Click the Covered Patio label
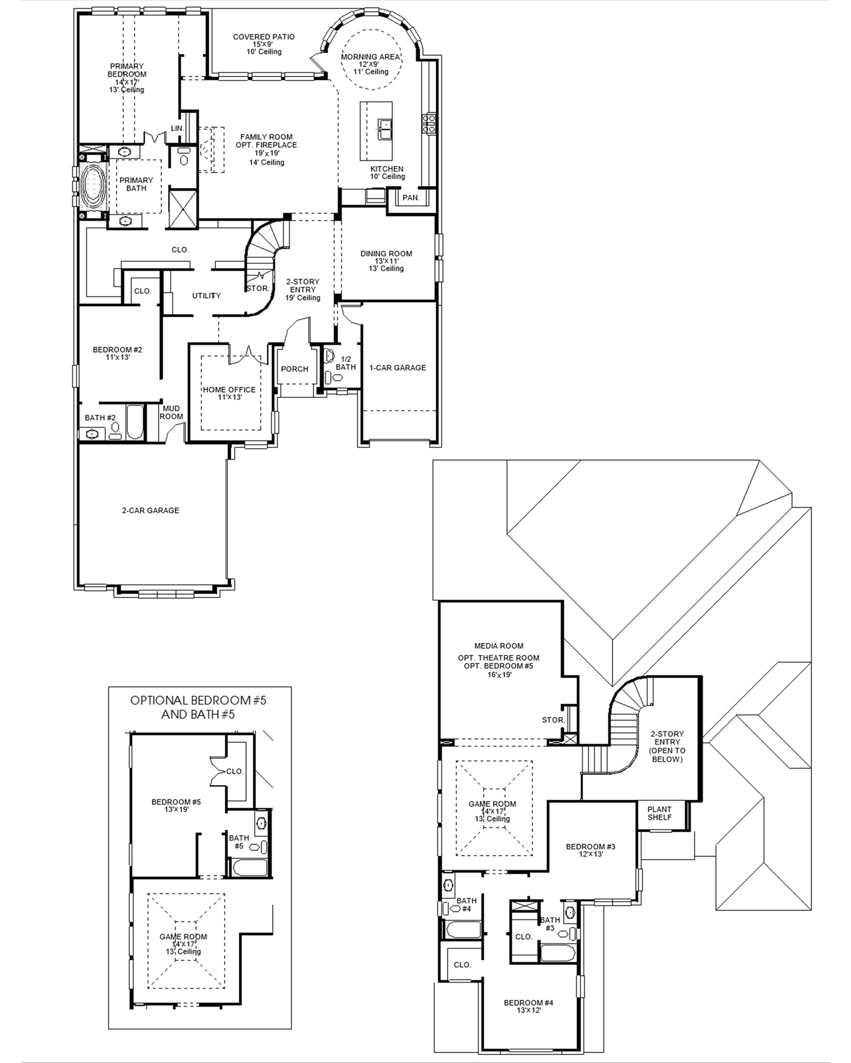coord(263,37)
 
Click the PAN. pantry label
coord(411,197)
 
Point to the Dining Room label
coord(386,254)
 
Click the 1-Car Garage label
coord(398,367)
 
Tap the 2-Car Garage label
coord(150,510)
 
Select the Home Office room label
coord(229,389)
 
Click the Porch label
coord(295,369)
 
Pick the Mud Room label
coord(171,412)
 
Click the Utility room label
coord(207,296)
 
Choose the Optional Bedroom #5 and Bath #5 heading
coord(199,707)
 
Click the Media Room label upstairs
coord(498,646)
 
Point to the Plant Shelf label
coord(659,813)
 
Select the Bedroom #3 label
coord(590,846)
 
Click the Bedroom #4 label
coord(529,1002)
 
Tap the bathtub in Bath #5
coord(248,868)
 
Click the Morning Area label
coord(370,57)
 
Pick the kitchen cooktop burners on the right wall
coord(430,123)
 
